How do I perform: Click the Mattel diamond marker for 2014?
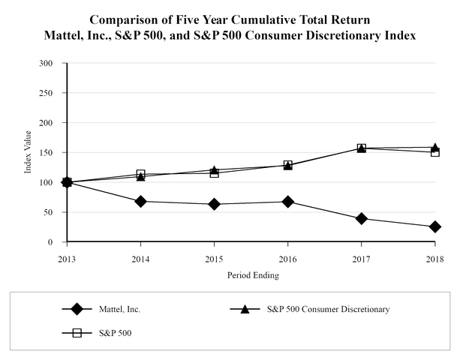pos(140,201)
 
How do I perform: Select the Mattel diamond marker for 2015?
pos(214,204)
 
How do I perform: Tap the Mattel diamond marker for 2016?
pos(287,202)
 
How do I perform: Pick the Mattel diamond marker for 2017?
pos(361,218)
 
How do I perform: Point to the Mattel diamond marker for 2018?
pos(434,226)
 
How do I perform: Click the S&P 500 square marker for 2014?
pos(140,174)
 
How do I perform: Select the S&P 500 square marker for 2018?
pos(434,152)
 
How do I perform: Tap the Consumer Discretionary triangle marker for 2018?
pos(434,147)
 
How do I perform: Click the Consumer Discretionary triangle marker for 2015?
pos(214,169)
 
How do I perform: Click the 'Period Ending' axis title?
pos(253,275)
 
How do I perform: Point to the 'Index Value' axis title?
pos(29,153)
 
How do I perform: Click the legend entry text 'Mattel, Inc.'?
pos(119,308)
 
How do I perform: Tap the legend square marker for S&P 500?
pos(76,332)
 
